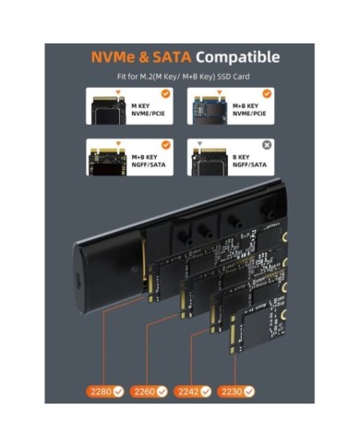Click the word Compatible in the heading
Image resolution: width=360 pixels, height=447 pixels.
(237, 57)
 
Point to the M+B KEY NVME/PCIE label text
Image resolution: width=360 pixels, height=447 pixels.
(247, 110)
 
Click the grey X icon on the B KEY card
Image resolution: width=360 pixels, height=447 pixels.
(266, 145)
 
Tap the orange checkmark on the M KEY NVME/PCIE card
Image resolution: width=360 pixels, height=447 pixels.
(165, 93)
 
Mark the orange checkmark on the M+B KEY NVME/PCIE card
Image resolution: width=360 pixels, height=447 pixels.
(266, 93)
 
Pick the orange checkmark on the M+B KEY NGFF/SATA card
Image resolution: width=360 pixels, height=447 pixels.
(165, 145)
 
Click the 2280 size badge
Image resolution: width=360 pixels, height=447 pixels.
(107, 391)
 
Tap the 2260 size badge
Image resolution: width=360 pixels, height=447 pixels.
(150, 391)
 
